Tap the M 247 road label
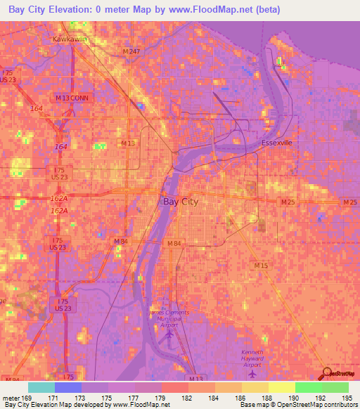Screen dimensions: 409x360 click(x=131, y=52)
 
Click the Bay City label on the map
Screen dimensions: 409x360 click(x=181, y=202)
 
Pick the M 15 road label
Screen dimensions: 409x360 click(x=262, y=266)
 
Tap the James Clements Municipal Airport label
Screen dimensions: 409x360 click(x=166, y=316)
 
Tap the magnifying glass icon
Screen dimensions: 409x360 click(x=326, y=373)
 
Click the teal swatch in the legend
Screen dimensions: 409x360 click(x=41, y=387)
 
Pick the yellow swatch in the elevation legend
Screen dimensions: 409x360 click(x=282, y=387)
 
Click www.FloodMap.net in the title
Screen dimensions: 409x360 click(x=219, y=10)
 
